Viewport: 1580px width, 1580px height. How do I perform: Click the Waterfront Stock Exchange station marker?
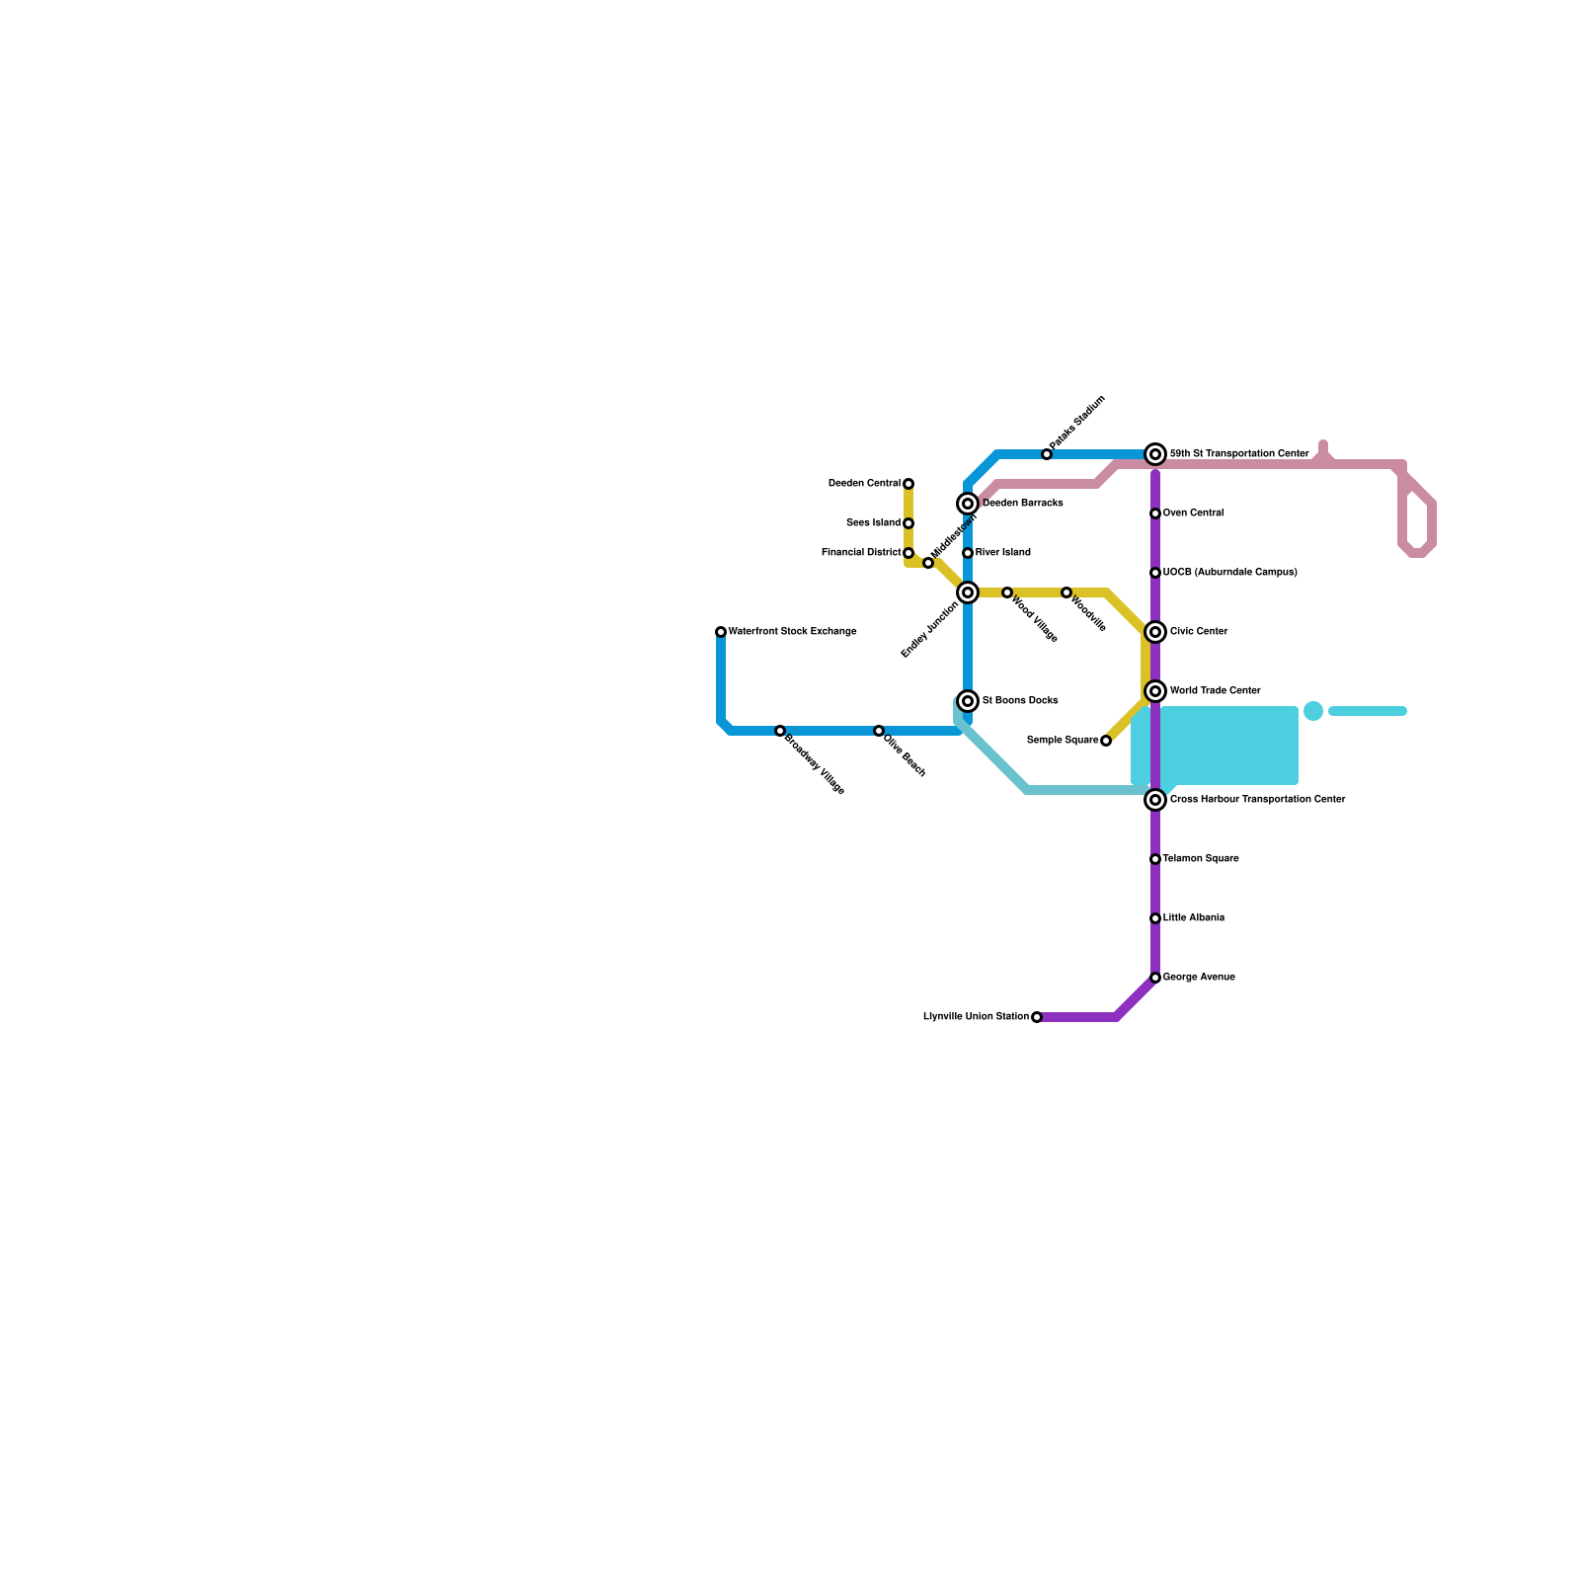pyautogui.click(x=721, y=632)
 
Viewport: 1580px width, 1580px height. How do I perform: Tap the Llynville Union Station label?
pyautogui.click(x=976, y=1017)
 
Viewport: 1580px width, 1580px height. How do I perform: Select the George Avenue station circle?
pyautogui.click(x=1155, y=978)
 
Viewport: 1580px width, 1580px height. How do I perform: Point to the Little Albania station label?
pyautogui.click(x=1193, y=918)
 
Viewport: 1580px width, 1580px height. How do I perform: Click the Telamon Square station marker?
pyautogui.click(x=1155, y=859)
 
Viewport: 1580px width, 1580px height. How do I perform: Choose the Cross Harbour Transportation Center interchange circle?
pyautogui.click(x=1155, y=800)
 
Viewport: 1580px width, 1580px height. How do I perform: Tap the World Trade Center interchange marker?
pyautogui.click(x=1155, y=691)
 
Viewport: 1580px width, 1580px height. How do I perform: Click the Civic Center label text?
pyautogui.click(x=1199, y=632)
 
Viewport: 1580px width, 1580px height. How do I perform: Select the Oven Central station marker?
pyautogui.click(x=1155, y=513)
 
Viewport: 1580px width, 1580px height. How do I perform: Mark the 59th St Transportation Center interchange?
pyautogui.click(x=1155, y=454)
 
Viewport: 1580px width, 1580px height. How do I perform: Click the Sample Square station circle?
pyautogui.click(x=1106, y=741)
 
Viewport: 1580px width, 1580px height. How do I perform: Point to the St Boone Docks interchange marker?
pyautogui.click(x=968, y=701)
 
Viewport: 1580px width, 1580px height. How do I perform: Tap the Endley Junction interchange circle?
pyautogui.click(x=968, y=592)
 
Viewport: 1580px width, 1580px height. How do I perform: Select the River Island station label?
pyautogui.click(x=1002, y=553)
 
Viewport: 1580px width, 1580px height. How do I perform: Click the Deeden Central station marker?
pyautogui.click(x=908, y=484)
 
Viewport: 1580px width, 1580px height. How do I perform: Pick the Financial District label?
pyautogui.click(x=861, y=553)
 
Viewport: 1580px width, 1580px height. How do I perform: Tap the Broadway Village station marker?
pyautogui.click(x=780, y=731)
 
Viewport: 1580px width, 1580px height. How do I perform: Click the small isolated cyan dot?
pyautogui.click(x=1313, y=711)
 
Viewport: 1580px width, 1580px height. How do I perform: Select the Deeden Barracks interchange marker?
pyautogui.click(x=968, y=504)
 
